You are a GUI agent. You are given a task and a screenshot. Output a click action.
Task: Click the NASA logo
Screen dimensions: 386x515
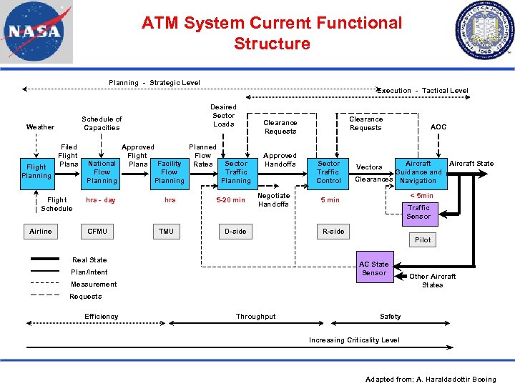[x=32, y=32]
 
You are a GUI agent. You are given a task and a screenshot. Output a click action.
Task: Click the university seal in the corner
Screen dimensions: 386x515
[x=484, y=31]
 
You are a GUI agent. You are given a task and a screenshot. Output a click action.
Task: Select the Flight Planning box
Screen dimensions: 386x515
[x=36, y=172]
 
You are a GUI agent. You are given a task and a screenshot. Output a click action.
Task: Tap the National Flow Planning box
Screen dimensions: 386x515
[x=102, y=172]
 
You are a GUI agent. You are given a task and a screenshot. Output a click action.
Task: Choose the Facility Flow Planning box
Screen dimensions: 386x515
[x=170, y=172]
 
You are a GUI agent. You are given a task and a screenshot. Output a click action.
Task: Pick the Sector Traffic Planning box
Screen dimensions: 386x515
[x=236, y=172]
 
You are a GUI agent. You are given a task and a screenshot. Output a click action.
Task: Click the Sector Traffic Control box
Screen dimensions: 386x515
[x=329, y=172]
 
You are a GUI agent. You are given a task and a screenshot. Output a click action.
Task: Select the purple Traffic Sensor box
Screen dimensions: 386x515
[x=418, y=212]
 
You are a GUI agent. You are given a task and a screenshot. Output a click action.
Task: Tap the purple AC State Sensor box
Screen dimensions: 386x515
[x=374, y=268]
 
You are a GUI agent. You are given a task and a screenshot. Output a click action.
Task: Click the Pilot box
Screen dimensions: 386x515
[x=423, y=239]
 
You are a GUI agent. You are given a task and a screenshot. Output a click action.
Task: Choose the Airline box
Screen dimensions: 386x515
[x=41, y=231]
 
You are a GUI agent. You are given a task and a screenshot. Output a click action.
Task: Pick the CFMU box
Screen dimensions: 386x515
[x=97, y=231]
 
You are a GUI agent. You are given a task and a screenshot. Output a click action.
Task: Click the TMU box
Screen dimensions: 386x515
[x=166, y=231]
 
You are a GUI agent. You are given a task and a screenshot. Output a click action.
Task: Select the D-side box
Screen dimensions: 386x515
[x=235, y=231]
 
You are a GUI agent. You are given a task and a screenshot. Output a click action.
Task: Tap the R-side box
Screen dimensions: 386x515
[x=333, y=231]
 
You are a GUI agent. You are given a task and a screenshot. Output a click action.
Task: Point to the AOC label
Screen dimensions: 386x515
[x=438, y=127]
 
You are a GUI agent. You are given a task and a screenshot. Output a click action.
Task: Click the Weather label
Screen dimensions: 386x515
[x=40, y=127]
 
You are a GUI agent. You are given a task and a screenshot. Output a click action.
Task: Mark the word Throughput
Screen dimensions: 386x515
[x=255, y=317]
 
